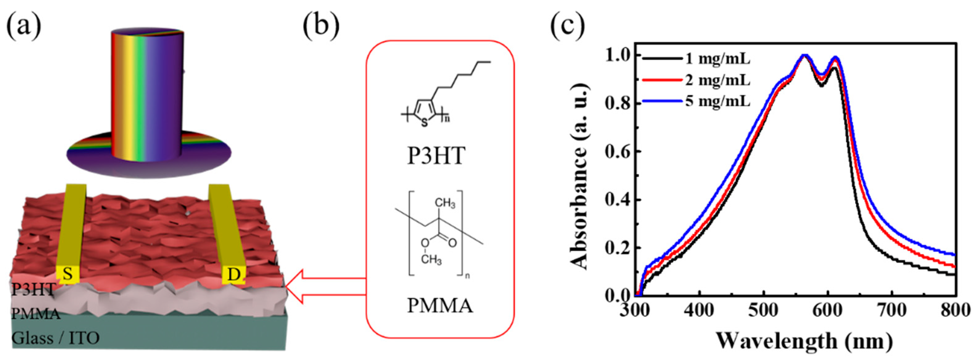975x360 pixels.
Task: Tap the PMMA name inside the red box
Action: tap(440, 305)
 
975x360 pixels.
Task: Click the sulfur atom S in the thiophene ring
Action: tap(424, 123)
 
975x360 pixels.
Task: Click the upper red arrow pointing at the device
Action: tap(326, 279)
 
